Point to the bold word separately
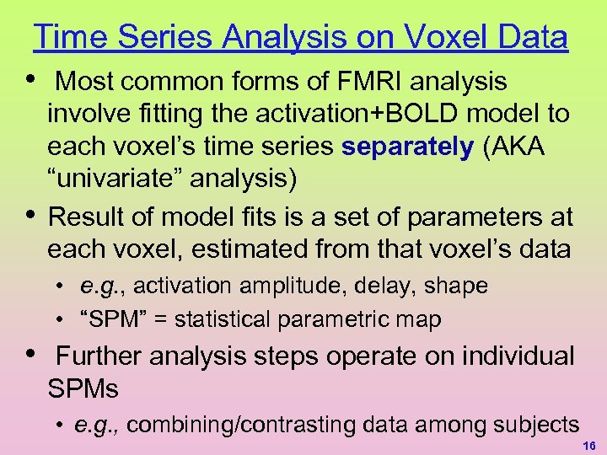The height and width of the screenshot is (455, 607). tap(408, 146)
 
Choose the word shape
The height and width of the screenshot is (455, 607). tap(456, 286)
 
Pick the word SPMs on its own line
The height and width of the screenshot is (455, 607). tap(83, 388)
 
